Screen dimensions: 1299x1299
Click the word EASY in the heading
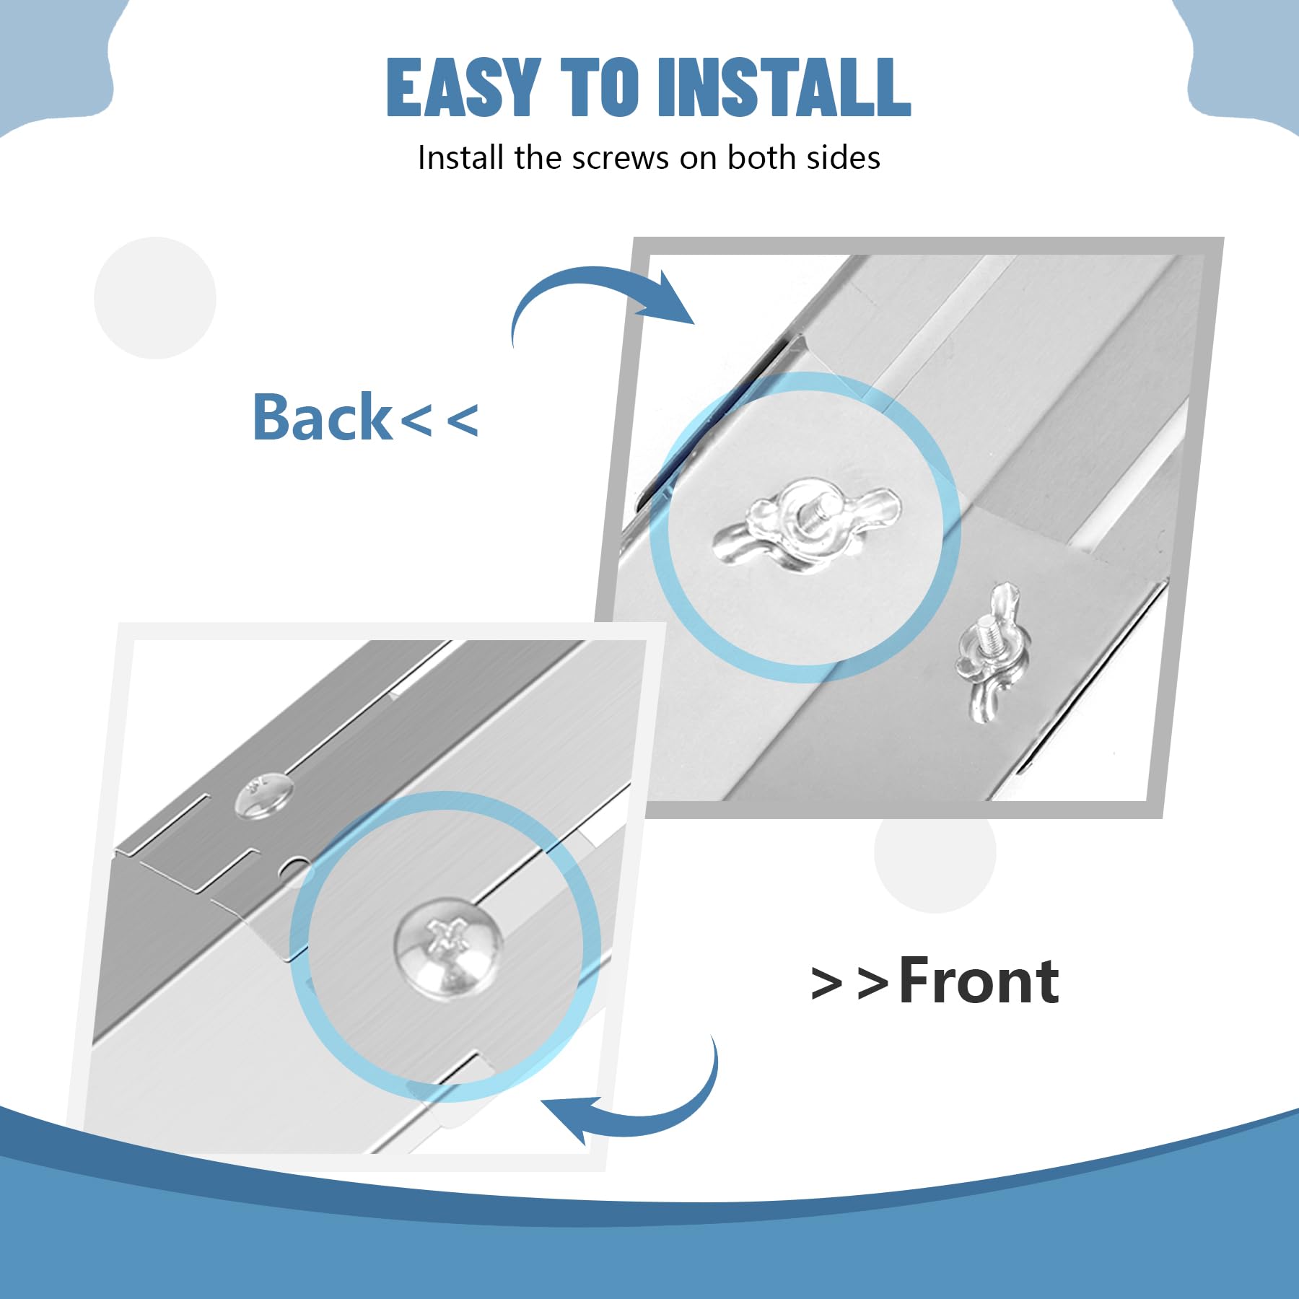[x=464, y=87]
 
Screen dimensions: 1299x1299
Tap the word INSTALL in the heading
[x=784, y=87]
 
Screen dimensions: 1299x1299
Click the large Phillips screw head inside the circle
[x=448, y=947]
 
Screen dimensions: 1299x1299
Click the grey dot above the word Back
[x=155, y=297]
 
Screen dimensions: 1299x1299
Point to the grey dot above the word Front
[x=935, y=852]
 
